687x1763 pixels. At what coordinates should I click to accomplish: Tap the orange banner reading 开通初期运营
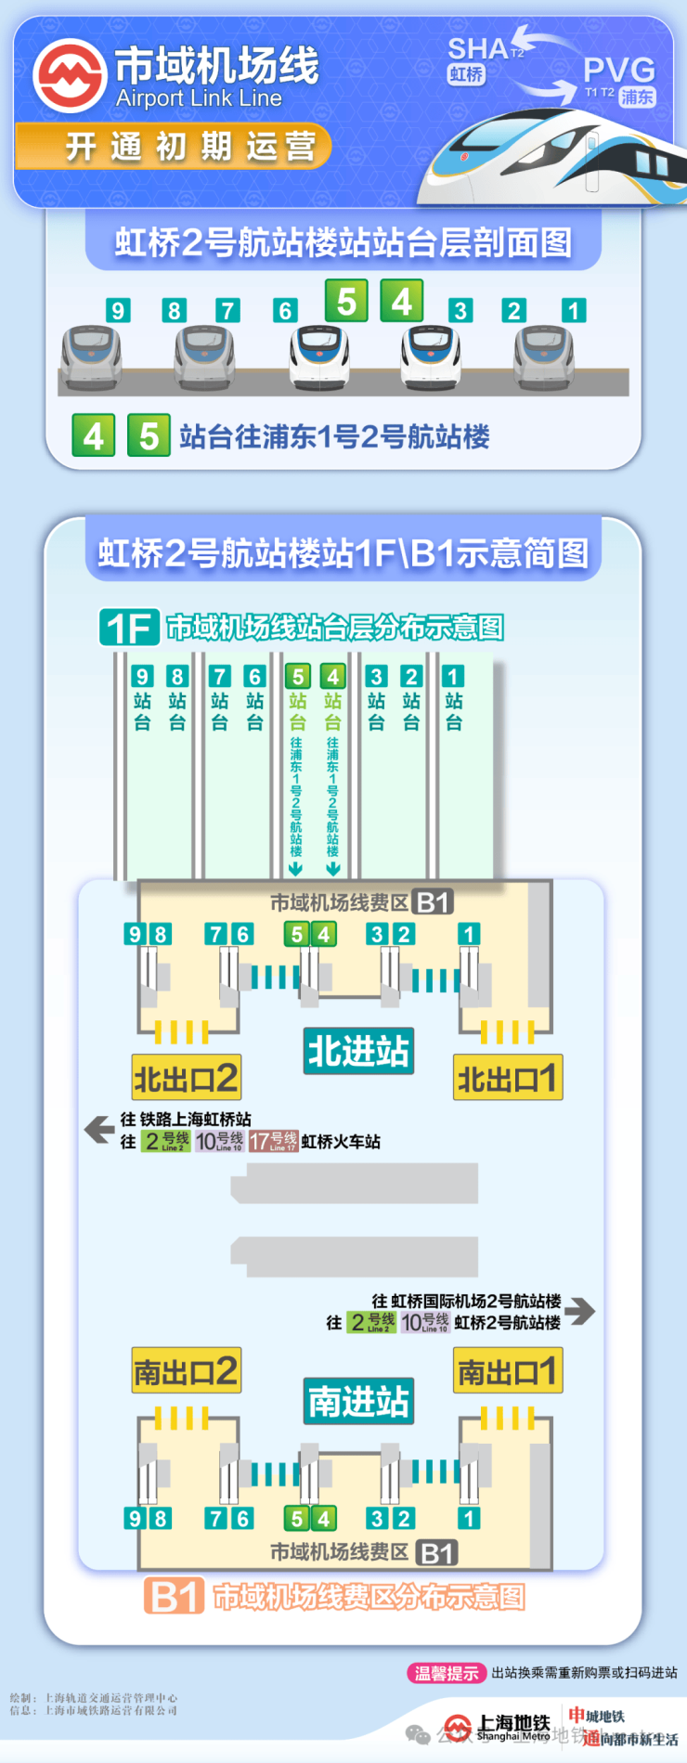pyautogui.click(x=174, y=147)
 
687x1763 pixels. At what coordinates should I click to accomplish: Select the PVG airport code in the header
pyautogui.click(x=618, y=70)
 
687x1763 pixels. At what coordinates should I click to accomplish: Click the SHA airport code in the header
pyautogui.click(x=478, y=49)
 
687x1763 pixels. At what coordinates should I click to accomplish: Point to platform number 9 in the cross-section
pyautogui.click(x=117, y=310)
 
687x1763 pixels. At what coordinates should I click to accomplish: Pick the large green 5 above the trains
pyautogui.click(x=346, y=301)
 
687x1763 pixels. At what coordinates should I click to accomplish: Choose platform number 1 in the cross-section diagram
pyautogui.click(x=574, y=310)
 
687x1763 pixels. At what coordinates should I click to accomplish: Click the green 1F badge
pyautogui.click(x=129, y=628)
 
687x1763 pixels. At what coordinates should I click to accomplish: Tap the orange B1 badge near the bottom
pyautogui.click(x=174, y=1597)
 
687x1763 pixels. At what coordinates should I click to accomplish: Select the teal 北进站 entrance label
pyautogui.click(x=358, y=1051)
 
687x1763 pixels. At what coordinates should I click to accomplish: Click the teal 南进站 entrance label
pyautogui.click(x=358, y=1401)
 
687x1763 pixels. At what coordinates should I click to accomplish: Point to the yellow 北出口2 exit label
pyautogui.click(x=187, y=1078)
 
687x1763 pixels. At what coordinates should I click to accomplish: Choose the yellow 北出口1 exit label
pyautogui.click(x=507, y=1078)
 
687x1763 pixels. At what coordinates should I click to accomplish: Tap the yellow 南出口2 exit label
pyautogui.click(x=187, y=1371)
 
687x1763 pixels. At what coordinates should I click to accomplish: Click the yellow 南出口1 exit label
pyautogui.click(x=507, y=1371)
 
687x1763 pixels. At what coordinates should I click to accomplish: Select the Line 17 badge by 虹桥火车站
pyautogui.click(x=273, y=1141)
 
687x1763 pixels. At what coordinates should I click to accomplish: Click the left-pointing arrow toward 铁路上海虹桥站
pyautogui.click(x=98, y=1129)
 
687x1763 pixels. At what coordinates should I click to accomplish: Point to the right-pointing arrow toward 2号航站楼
pyautogui.click(x=580, y=1310)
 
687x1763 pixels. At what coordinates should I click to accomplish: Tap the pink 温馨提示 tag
pyautogui.click(x=447, y=1673)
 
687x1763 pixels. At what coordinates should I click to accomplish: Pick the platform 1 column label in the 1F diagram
pyautogui.click(x=453, y=698)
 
